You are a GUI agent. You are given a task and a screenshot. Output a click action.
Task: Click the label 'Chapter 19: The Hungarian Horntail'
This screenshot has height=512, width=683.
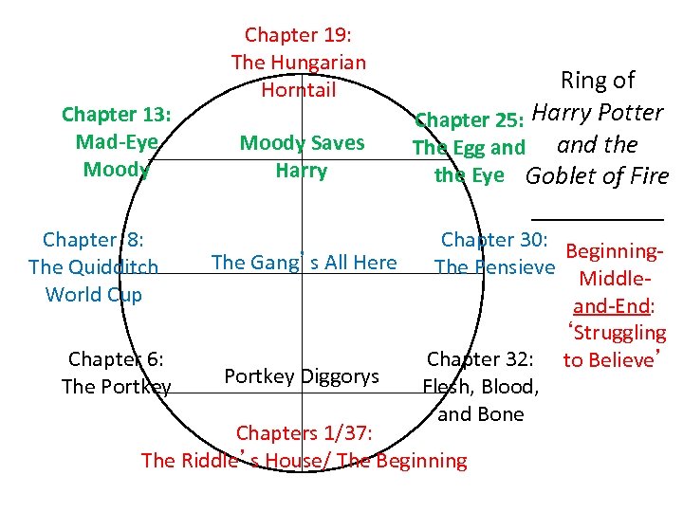pyautogui.click(x=298, y=63)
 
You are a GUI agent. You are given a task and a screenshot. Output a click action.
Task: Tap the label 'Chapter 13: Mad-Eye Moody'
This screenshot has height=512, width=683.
pyautogui.click(x=116, y=142)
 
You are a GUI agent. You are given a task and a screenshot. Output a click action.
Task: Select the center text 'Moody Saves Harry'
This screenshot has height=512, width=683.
pyautogui.click(x=302, y=157)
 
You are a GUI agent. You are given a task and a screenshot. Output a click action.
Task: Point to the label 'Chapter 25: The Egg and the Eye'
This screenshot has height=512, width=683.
pyautogui.click(x=469, y=148)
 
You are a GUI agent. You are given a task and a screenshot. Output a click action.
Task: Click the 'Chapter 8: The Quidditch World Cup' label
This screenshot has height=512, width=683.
pyautogui.click(x=93, y=266)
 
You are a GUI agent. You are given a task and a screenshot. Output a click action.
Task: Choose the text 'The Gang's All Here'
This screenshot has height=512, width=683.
pyautogui.click(x=304, y=263)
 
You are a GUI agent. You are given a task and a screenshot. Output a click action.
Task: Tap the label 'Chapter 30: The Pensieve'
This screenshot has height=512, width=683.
pyautogui.click(x=493, y=253)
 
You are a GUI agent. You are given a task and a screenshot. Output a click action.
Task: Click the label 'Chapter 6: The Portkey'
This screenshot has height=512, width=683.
pyautogui.click(x=116, y=373)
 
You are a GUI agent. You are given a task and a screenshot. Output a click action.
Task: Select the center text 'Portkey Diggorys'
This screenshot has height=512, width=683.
pyautogui.click(x=302, y=375)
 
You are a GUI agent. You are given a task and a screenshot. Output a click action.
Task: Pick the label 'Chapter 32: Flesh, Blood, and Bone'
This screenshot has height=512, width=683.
pyautogui.click(x=481, y=386)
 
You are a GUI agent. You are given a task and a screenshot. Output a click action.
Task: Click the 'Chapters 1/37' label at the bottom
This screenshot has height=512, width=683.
pyautogui.click(x=304, y=447)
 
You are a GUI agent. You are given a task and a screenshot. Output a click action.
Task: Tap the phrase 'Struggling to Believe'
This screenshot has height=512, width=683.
pyautogui.click(x=616, y=346)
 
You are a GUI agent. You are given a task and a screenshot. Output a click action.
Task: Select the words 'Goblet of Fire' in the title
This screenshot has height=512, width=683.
pyautogui.click(x=597, y=176)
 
